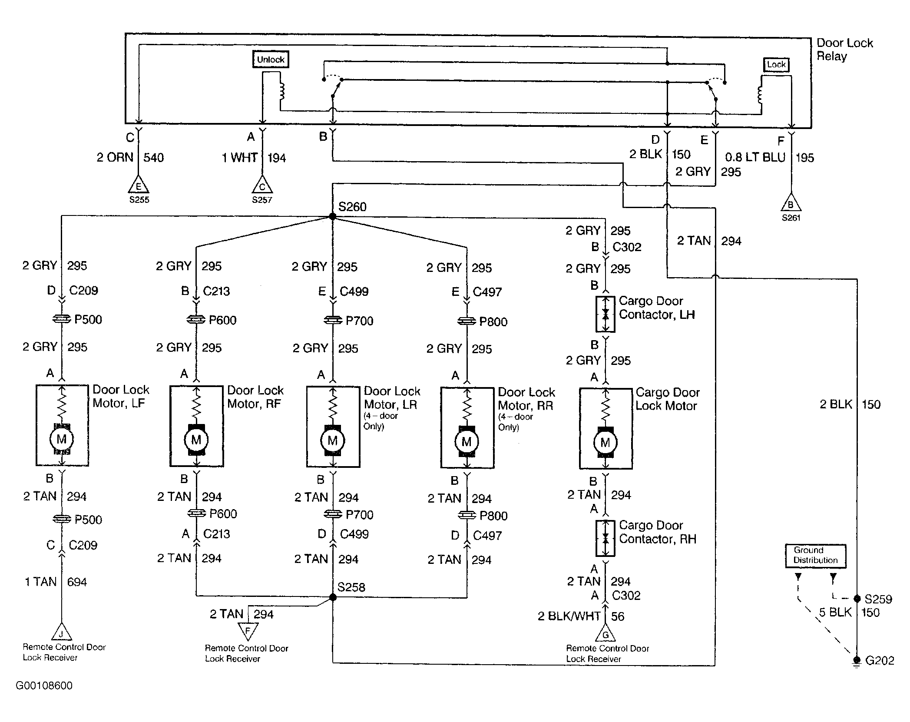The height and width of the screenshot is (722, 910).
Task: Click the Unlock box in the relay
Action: tap(271, 60)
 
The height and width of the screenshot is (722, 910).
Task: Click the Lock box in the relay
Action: tap(776, 65)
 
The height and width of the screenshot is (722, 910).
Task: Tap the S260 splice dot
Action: tap(333, 216)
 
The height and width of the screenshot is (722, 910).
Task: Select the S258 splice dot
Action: tap(333, 598)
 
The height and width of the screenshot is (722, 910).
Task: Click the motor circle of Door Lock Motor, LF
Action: tap(62, 439)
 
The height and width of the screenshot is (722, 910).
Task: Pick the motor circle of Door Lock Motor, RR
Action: tap(467, 442)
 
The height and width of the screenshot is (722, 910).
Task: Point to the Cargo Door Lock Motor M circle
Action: tap(605, 443)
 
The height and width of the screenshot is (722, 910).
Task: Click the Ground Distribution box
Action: tap(815, 556)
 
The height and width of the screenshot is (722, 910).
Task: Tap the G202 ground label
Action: tap(880, 661)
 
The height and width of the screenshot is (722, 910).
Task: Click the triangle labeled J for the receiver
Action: tap(61, 632)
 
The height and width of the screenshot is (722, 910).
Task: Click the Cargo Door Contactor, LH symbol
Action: tap(606, 314)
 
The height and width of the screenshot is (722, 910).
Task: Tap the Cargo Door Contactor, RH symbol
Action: tap(606, 538)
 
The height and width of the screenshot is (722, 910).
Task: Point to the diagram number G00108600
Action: tap(44, 686)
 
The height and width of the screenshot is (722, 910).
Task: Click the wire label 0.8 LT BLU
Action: tap(755, 157)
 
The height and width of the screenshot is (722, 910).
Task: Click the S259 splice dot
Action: tap(857, 599)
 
